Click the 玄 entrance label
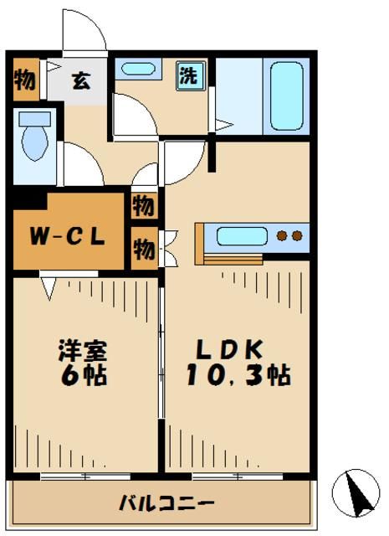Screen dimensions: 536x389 (x=80, y=81)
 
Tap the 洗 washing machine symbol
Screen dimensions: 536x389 (x=189, y=75)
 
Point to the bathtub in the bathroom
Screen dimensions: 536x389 (x=286, y=94)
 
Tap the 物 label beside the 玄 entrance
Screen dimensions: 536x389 (x=24, y=81)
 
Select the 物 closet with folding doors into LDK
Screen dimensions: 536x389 (x=143, y=249)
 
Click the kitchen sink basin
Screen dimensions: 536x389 (x=242, y=236)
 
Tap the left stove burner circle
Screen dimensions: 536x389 (x=282, y=236)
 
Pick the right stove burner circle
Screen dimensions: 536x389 (x=296, y=236)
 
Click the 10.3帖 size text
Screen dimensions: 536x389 (x=236, y=376)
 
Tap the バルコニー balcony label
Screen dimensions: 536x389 (x=166, y=503)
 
